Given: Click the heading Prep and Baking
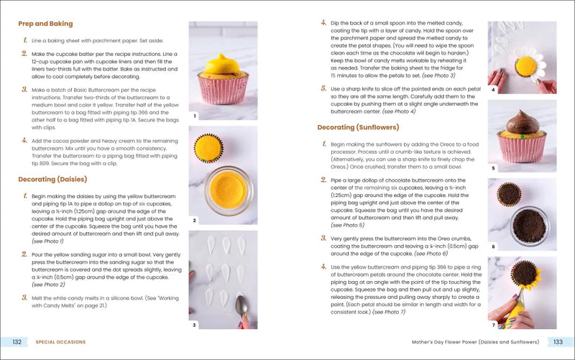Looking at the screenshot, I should pyautogui.click(x=45, y=24).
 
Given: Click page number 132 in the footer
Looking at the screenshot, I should pyautogui.click(x=16, y=342).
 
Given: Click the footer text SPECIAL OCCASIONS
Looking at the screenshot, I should pyautogui.click(x=62, y=342).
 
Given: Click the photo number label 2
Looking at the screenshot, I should pyautogui.click(x=194, y=220).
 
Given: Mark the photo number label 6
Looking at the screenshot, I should pyautogui.click(x=493, y=246).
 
